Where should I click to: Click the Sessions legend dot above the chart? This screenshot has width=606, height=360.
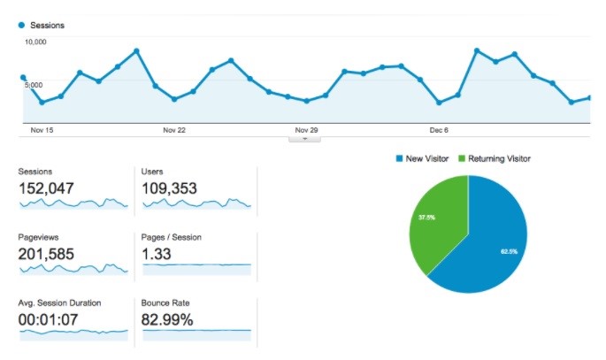21,26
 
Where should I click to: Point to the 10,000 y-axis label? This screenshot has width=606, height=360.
35,42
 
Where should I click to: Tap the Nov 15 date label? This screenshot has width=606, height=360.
42,130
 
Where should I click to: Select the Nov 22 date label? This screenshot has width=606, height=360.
174,130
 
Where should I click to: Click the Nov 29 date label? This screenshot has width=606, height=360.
306,130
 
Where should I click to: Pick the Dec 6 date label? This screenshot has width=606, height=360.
439,130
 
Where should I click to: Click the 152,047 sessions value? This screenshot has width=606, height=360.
46,188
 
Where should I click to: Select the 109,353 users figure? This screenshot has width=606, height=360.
169,188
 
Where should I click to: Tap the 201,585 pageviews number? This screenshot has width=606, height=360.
46,255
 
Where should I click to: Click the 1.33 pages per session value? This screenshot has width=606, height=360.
156,255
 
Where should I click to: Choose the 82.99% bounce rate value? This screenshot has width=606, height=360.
167,320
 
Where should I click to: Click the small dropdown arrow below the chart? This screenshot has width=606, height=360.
304,138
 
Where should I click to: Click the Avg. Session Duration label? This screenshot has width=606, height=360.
59,303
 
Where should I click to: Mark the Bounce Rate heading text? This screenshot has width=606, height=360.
165,303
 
